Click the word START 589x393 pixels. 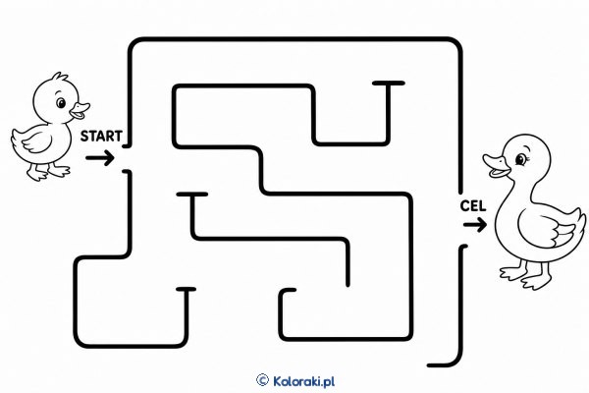101,137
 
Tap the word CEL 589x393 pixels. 473,206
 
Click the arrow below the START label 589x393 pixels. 100,158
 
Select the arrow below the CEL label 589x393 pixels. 475,225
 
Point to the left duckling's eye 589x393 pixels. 61,102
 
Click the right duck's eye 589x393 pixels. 521,159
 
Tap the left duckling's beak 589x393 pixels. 80,110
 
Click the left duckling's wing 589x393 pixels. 37,141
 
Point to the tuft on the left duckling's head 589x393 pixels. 60,76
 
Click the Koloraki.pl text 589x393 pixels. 303,381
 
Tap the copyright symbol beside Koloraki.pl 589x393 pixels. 262,380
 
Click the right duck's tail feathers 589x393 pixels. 576,222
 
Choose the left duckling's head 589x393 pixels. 56,99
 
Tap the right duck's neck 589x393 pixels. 520,190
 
